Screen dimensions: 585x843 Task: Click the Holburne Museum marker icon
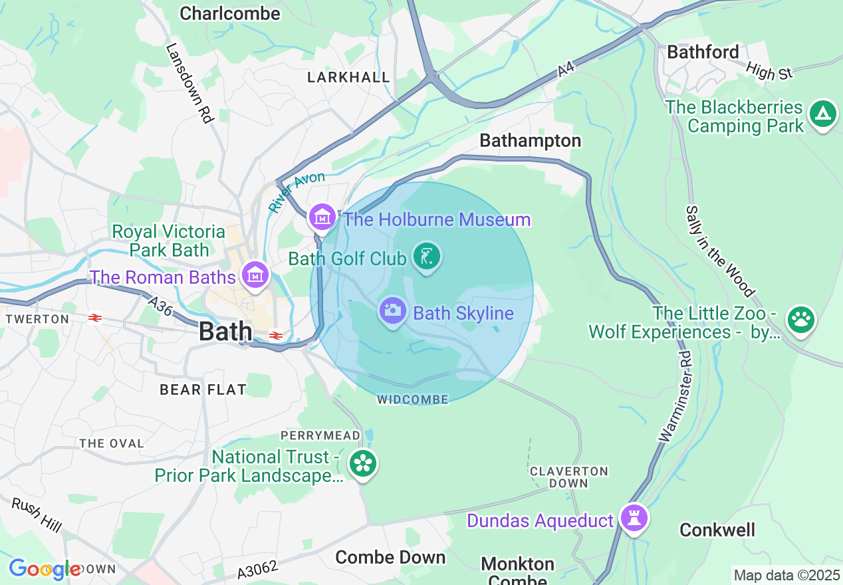322,217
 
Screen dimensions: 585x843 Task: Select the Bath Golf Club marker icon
427,257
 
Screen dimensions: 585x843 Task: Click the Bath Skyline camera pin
393,310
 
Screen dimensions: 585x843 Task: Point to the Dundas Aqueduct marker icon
634,518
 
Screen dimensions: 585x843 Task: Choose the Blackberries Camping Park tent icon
823,115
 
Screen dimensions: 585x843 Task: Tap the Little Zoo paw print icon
800,320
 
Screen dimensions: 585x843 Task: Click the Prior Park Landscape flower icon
363,464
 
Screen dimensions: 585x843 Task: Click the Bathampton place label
530,141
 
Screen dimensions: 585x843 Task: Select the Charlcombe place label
230,13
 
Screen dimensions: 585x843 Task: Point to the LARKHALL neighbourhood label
348,78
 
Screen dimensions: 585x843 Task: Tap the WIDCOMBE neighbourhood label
412,400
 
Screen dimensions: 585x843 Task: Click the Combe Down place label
390,557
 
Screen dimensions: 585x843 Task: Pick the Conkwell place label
717,530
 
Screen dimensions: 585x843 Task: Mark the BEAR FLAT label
203,390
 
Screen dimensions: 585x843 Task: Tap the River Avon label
297,192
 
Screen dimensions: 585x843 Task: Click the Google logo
45,569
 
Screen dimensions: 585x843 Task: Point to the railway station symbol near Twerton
95,318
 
